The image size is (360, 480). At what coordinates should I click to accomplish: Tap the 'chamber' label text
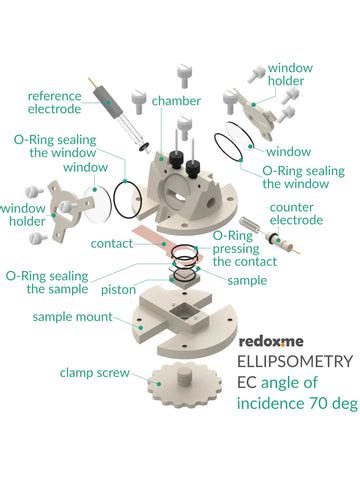173,100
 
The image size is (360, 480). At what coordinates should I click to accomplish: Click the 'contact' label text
111,243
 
